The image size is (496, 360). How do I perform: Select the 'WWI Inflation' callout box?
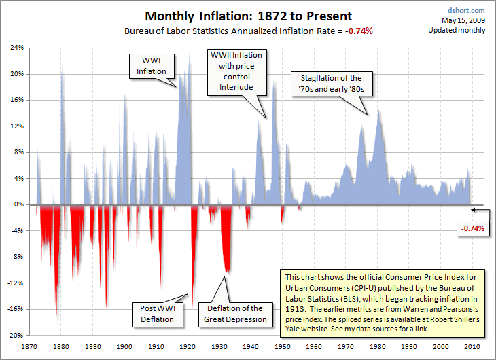(151, 66)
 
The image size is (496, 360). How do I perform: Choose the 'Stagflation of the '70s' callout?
(330, 84)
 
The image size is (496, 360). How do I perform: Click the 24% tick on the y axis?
(16, 48)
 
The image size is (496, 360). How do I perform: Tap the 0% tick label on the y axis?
(18, 204)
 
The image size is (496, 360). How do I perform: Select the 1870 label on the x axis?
(29, 346)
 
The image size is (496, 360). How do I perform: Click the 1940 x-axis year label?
(250, 346)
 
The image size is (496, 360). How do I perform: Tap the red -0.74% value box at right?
(472, 228)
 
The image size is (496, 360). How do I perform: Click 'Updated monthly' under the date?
(457, 31)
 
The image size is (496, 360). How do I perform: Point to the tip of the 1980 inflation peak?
(378, 110)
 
